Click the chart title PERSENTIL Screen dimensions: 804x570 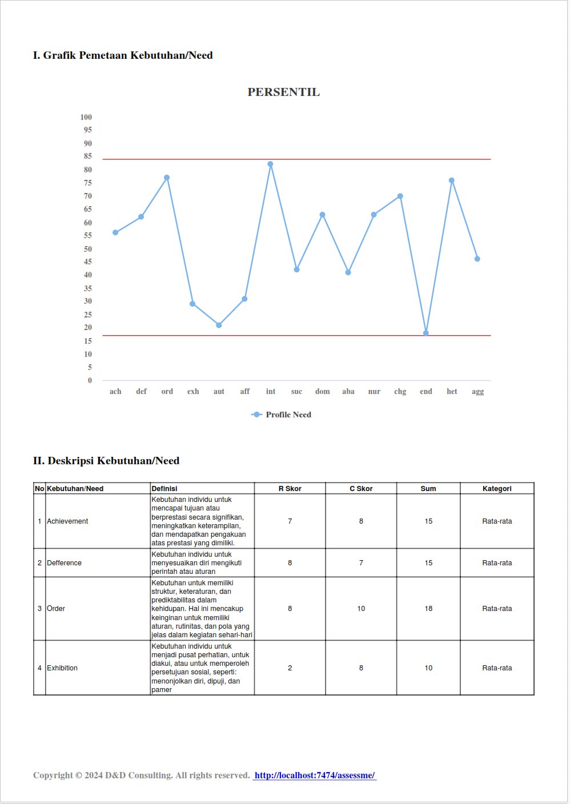click(x=283, y=92)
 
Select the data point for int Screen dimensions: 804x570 click(x=271, y=164)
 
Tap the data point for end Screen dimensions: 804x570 click(x=426, y=333)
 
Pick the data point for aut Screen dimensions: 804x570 click(x=219, y=325)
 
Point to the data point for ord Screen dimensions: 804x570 click(x=167, y=178)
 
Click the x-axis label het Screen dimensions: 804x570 click(x=452, y=392)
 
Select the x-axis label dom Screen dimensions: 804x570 click(x=322, y=392)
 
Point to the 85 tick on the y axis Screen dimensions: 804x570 click(x=87, y=156)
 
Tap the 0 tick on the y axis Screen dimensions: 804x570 click(x=90, y=380)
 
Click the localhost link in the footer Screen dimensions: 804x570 click(x=315, y=775)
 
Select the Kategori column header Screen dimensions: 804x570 click(x=497, y=489)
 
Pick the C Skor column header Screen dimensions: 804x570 click(x=361, y=489)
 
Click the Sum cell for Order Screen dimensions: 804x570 click(x=428, y=609)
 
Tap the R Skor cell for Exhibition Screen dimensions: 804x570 click(x=290, y=668)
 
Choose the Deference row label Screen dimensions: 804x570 click(x=65, y=563)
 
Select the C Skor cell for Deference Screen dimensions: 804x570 click(x=361, y=563)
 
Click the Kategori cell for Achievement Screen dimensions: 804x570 click(x=497, y=521)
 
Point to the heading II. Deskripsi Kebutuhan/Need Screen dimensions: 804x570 click(x=106, y=461)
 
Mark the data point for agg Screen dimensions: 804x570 click(x=477, y=259)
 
